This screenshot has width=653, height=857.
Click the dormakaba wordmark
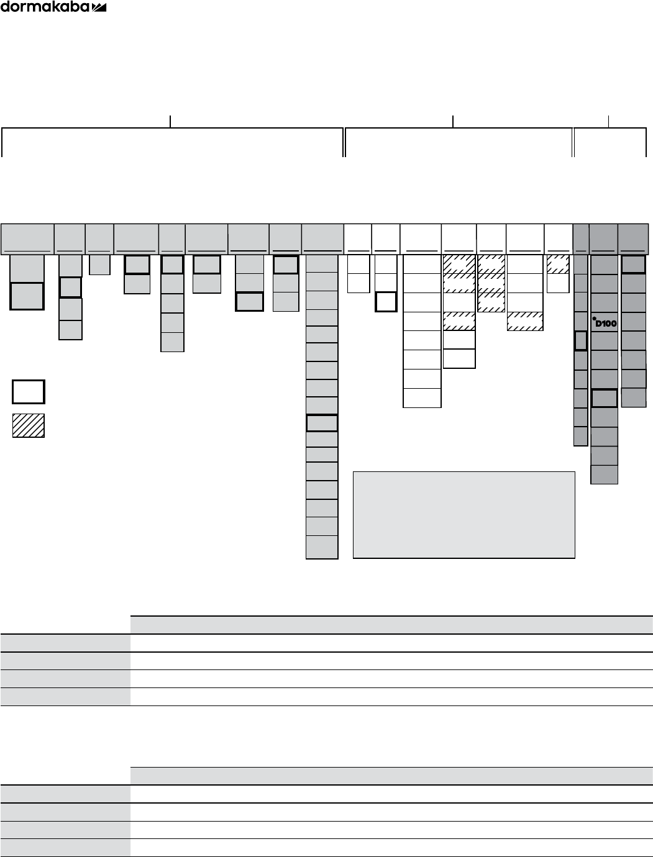click(45, 7)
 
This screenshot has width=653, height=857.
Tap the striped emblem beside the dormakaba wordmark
click(99, 7)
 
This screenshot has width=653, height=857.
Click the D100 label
click(605, 323)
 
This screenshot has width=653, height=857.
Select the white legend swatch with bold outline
click(28, 392)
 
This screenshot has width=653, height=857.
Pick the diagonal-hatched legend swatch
click(28, 425)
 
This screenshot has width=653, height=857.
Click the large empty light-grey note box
click(463, 515)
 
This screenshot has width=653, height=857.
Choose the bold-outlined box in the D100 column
click(604, 398)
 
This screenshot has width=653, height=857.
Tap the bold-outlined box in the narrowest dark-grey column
click(580, 341)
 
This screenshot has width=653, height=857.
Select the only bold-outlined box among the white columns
click(386, 302)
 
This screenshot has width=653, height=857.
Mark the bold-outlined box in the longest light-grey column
click(322, 423)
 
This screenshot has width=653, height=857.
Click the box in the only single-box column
click(99, 265)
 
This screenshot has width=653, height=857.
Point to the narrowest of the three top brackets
click(610, 142)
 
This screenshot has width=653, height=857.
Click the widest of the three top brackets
click(172, 142)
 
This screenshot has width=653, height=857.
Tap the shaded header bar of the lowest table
click(391, 776)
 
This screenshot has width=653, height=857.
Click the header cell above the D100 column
click(603, 238)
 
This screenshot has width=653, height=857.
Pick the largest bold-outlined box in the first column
click(27, 296)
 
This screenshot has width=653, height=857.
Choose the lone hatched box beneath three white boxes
click(525, 322)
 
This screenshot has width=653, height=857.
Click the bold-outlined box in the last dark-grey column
click(634, 265)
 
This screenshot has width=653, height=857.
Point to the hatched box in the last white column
click(558, 264)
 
